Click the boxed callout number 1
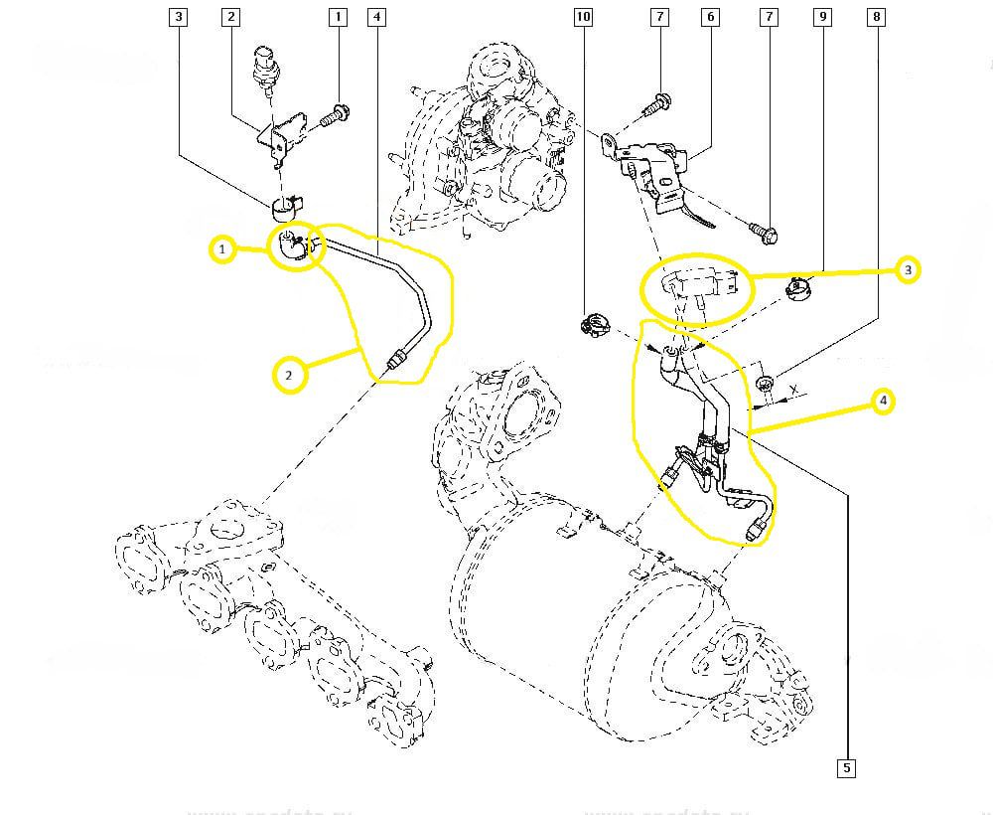click(x=338, y=17)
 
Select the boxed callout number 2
click(x=230, y=17)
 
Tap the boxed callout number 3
click(x=178, y=17)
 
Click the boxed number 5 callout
click(x=846, y=767)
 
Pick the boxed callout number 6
click(x=709, y=17)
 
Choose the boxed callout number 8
click(x=875, y=17)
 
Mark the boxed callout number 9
click(x=821, y=17)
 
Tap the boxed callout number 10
click(x=583, y=17)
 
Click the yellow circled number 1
click(x=223, y=248)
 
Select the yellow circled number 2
click(x=289, y=375)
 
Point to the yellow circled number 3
click(x=908, y=269)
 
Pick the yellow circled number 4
click(x=883, y=402)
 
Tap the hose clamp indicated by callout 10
click(x=595, y=323)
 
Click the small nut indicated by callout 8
click(x=766, y=384)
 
